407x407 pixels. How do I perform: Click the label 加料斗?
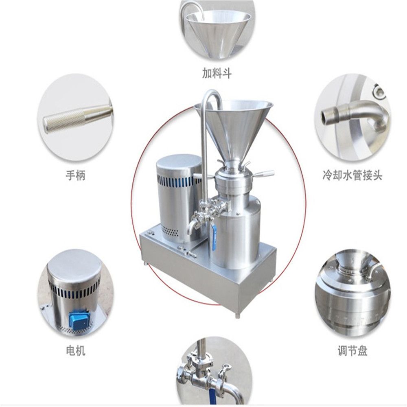(x=217, y=73)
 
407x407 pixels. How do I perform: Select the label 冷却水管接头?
(x=351, y=176)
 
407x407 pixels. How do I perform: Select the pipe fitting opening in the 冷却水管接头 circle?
(x=329, y=116)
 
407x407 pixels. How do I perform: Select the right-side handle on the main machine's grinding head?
(x=265, y=174)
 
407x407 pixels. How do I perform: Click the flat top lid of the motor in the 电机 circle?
(x=73, y=265)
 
